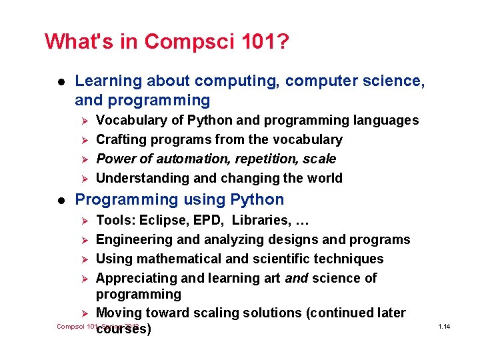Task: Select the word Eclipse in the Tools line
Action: (155, 220)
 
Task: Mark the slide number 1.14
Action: (444, 327)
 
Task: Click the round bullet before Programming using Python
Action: (59, 200)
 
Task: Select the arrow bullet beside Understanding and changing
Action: (83, 179)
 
